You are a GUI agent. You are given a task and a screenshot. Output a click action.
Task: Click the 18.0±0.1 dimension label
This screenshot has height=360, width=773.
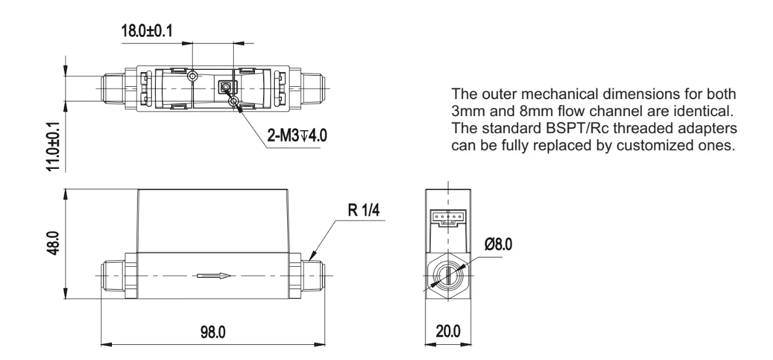click(147, 30)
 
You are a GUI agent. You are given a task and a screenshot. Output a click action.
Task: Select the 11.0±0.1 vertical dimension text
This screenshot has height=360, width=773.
click(53, 147)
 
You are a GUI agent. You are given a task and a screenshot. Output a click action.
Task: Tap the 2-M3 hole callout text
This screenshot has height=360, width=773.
click(297, 135)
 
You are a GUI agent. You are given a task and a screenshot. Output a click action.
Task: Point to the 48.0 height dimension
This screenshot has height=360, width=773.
click(53, 243)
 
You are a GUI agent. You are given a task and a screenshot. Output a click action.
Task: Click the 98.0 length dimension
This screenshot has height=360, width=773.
click(213, 332)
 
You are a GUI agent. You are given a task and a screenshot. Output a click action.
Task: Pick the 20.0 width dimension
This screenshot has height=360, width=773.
click(448, 331)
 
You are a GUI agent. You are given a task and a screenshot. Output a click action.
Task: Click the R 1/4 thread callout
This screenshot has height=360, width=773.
click(364, 210)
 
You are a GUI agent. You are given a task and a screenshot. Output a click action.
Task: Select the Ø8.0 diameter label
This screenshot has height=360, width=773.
click(498, 244)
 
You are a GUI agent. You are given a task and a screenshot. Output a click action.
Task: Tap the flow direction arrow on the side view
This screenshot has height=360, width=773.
click(213, 276)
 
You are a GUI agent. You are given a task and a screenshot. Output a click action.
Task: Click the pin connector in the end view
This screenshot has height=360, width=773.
click(448, 218)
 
